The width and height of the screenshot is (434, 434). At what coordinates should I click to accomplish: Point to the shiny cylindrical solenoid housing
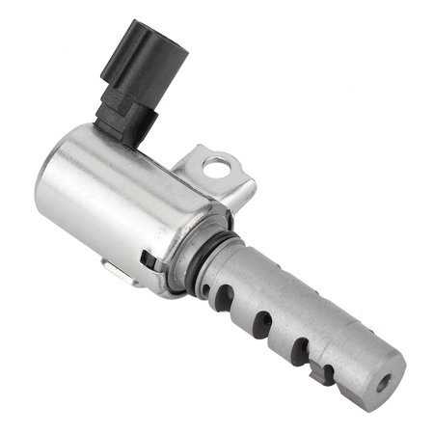click(x=116, y=207)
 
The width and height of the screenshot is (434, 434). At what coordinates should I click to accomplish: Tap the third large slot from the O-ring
click(x=300, y=347)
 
